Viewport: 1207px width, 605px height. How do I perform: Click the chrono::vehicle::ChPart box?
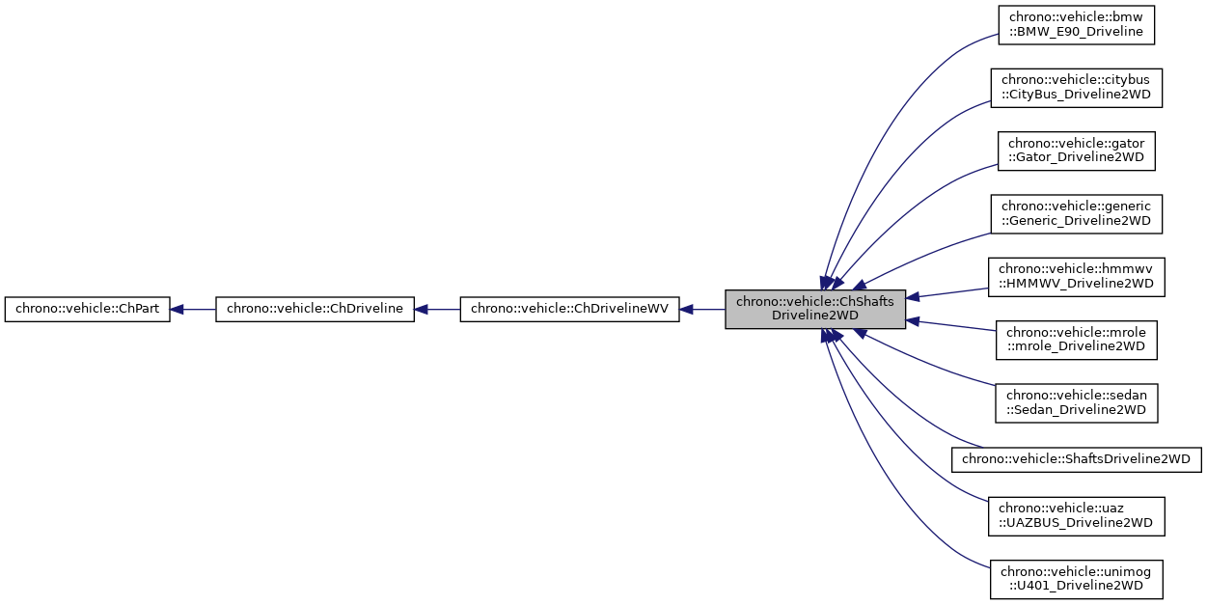88,310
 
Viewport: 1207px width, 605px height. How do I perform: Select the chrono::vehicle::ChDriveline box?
315,310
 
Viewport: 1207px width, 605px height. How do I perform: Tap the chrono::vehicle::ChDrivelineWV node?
570,310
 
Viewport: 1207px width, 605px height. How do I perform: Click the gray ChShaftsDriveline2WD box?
815,309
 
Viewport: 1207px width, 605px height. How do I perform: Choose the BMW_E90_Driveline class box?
1076,24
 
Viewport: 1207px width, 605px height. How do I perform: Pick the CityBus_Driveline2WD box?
1076,87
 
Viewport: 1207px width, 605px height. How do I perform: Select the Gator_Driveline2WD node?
1076,151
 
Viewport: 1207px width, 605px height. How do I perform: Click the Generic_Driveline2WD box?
1076,213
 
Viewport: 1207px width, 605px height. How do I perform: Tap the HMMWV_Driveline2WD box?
1076,276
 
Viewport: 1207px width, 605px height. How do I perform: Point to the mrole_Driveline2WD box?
1076,340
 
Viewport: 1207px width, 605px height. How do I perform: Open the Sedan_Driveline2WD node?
1076,402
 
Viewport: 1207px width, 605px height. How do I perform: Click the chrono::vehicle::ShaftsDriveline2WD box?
1076,458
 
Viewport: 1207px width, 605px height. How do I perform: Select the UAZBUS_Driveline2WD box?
1076,515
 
